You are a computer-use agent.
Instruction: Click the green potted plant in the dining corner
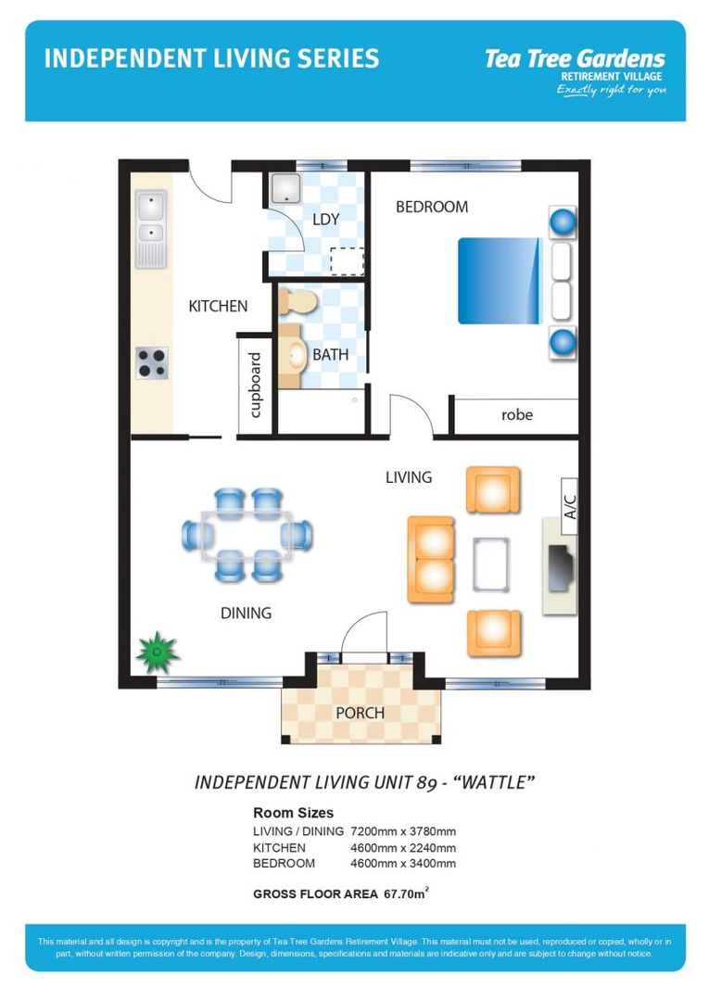158,653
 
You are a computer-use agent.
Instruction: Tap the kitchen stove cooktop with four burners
152,362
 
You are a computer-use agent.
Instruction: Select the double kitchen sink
151,219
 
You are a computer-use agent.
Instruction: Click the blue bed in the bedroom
500,281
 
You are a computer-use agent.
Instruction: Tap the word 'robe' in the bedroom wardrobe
516,414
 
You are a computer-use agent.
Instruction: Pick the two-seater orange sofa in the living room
431,560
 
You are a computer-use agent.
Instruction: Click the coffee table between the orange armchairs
491,564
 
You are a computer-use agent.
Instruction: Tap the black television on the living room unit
560,567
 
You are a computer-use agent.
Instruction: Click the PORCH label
360,713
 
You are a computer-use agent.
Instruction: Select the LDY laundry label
325,220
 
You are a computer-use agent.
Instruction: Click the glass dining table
247,535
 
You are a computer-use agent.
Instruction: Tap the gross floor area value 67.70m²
405,894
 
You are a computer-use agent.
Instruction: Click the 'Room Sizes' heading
293,813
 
